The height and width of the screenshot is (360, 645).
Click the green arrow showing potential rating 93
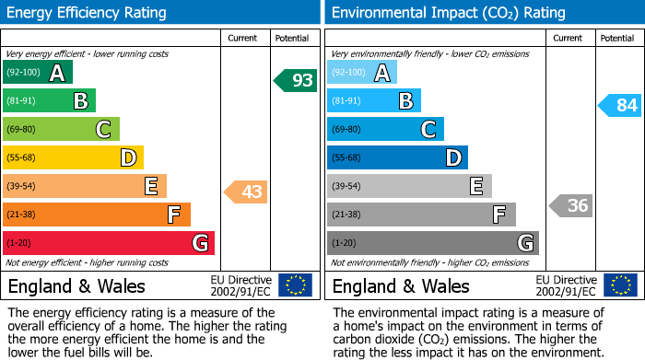pyautogui.click(x=296, y=80)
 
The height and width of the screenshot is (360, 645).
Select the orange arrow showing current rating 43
pyautogui.click(x=247, y=192)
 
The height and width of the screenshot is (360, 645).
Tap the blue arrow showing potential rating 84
pyautogui.click(x=620, y=105)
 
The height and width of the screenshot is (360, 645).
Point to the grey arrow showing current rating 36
pyautogui.click(x=571, y=205)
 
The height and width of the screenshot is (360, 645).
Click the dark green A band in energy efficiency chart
pyautogui.click(x=38, y=73)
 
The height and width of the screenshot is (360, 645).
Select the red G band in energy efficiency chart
pyautogui.click(x=109, y=243)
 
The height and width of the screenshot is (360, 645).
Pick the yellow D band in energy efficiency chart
pyautogui.click(x=74, y=157)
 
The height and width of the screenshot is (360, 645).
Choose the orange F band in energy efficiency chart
pyautogui.click(x=97, y=215)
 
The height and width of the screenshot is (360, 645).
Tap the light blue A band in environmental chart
pyautogui.click(x=362, y=73)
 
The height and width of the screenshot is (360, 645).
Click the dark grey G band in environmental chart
pyautogui.click(x=433, y=243)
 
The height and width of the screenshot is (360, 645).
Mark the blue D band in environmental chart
pyautogui.click(x=397, y=157)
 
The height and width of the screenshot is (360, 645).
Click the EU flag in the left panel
pyautogui.click(x=296, y=285)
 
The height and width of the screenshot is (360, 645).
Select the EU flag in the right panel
pyautogui.click(x=620, y=285)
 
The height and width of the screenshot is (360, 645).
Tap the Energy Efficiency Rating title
pyautogui.click(x=88, y=13)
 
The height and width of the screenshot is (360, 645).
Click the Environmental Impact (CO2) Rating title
pyautogui.click(x=448, y=13)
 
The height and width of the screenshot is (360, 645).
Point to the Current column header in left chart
pyautogui.click(x=242, y=38)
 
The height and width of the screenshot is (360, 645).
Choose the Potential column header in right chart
pyautogui.click(x=617, y=38)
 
